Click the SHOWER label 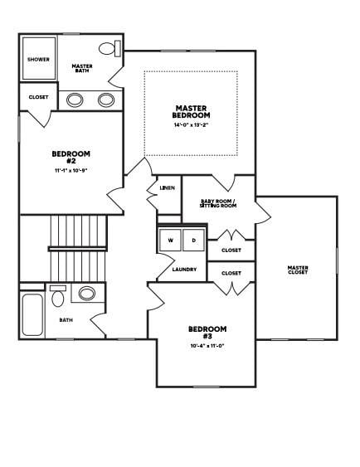[x=38, y=60]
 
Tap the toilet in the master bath [x=109, y=48]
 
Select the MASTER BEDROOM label [x=192, y=111]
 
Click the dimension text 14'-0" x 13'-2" [x=192, y=126]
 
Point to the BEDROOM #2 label [x=71, y=157]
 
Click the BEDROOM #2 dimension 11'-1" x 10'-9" [x=71, y=170]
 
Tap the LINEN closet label [x=167, y=188]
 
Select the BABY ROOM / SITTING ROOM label [x=218, y=203]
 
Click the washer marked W [x=171, y=241]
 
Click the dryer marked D [x=194, y=241]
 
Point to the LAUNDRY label [x=183, y=269]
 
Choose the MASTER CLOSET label [x=298, y=270]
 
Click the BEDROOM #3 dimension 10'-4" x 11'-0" [x=207, y=347]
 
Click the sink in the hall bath [x=86, y=293]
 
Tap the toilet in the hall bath [x=58, y=296]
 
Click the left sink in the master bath [x=75, y=100]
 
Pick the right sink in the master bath [x=106, y=100]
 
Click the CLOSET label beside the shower [x=38, y=97]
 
